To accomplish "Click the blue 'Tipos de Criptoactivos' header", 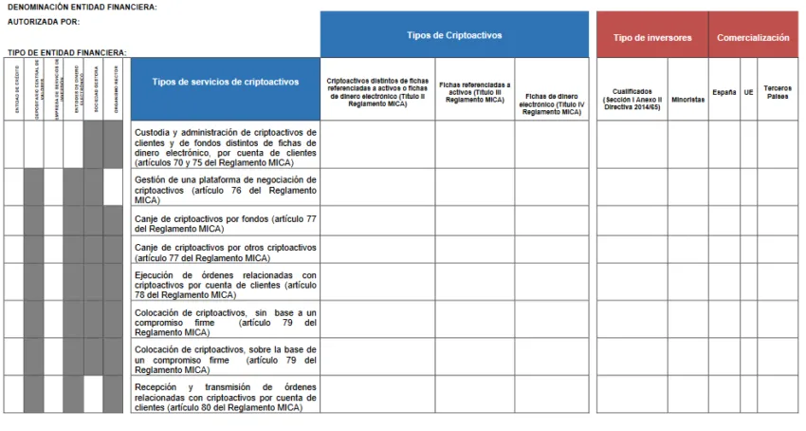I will click(454, 35).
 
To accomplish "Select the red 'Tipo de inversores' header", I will click(652, 38).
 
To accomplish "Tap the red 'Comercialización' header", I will click(753, 38).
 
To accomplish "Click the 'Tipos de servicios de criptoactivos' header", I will click(226, 82).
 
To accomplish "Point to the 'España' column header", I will click(724, 92).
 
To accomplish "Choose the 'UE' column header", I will click(748, 92).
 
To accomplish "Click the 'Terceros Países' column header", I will click(778, 92).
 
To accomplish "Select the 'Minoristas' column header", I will click(687, 99).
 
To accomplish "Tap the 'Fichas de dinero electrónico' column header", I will click(552, 103).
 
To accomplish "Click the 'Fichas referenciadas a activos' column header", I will click(474, 92).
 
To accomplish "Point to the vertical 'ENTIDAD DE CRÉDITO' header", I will click(14, 91).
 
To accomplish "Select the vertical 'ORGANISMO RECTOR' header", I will click(114, 91).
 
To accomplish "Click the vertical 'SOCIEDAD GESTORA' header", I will click(94, 91).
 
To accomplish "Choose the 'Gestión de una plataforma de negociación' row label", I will click(226, 189).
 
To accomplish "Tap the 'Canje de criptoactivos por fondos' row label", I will click(226, 223).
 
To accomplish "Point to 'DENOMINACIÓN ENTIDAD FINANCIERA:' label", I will click(82, 7).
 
